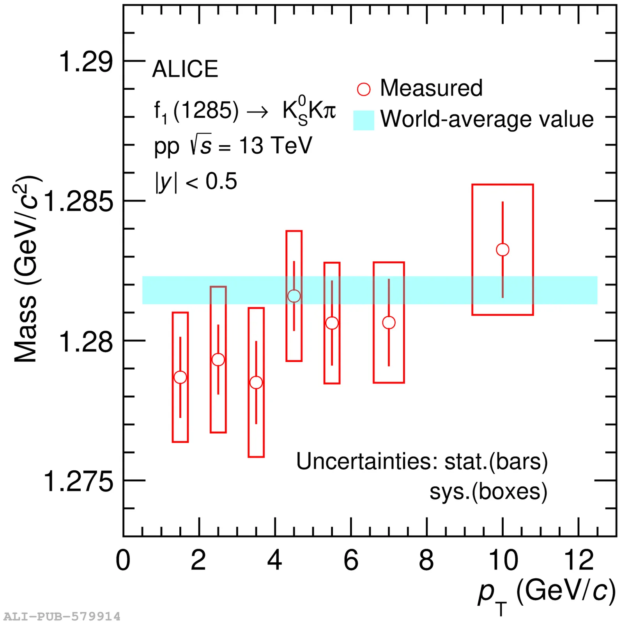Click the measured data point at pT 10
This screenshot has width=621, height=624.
click(502, 250)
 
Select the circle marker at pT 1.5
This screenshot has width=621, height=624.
click(180, 377)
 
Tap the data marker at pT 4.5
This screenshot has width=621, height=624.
click(294, 296)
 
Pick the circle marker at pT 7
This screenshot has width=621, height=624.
click(389, 323)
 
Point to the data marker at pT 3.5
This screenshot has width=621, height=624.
click(256, 383)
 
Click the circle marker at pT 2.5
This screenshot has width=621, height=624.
click(218, 359)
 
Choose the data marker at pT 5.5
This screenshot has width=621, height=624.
click(332, 323)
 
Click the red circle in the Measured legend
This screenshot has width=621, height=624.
click(364, 89)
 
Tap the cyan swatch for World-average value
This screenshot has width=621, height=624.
click(364, 120)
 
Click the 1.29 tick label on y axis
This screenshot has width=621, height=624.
click(85, 62)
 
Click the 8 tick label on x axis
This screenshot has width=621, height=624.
click(426, 560)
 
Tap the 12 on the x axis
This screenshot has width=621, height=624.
click(579, 560)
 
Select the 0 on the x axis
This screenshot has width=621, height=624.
click(123, 560)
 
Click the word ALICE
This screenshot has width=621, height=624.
click(185, 69)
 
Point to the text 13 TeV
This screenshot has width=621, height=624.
click(276, 146)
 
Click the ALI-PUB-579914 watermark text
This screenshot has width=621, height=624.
click(62, 617)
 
